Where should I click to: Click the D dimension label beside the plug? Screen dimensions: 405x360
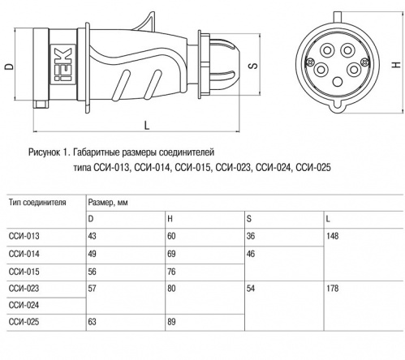(10, 66)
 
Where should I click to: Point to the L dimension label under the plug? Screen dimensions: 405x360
(147, 126)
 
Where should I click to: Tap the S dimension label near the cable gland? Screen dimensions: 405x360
(253, 66)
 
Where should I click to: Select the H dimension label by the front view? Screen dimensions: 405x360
(396, 65)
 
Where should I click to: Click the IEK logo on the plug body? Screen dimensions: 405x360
(62, 65)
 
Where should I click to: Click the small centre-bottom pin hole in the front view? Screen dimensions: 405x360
(338, 81)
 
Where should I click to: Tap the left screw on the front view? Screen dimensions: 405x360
(310, 62)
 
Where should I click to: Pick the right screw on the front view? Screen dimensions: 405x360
(364, 62)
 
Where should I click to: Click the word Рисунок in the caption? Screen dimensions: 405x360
(45, 152)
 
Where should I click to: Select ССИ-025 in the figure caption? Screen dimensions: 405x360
(313, 168)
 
